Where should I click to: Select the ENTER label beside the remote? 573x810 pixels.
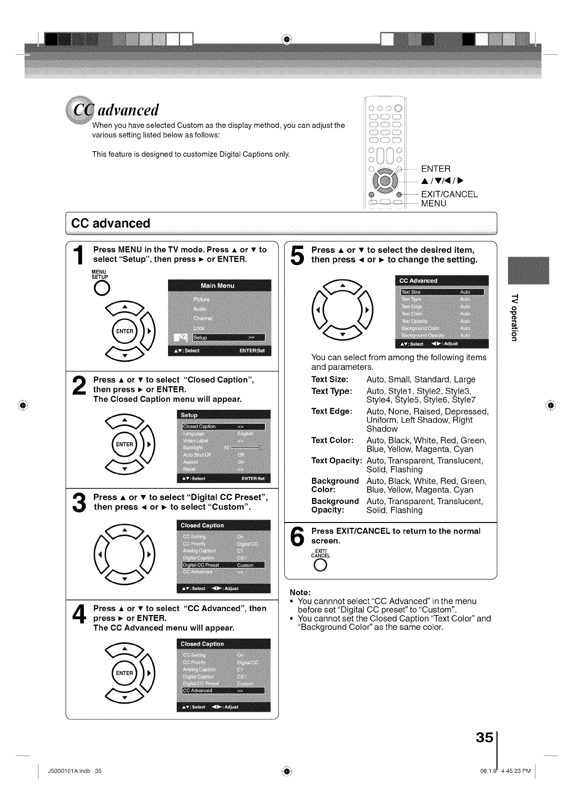coord(436,169)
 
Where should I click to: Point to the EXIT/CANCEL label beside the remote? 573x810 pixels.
coord(449,194)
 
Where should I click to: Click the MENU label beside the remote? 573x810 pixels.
coord(433,203)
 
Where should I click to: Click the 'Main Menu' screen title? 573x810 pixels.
coord(217,286)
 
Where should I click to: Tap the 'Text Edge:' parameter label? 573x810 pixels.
coord(332,411)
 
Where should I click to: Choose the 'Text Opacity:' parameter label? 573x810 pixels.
coord(337,460)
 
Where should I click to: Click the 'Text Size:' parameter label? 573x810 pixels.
coord(330,379)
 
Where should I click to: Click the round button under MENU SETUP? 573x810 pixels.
coord(102,288)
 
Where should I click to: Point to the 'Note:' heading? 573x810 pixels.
coord(300,592)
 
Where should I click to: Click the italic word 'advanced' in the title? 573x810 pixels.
coord(128,110)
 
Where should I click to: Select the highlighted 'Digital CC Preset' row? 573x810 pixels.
coord(223,565)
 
